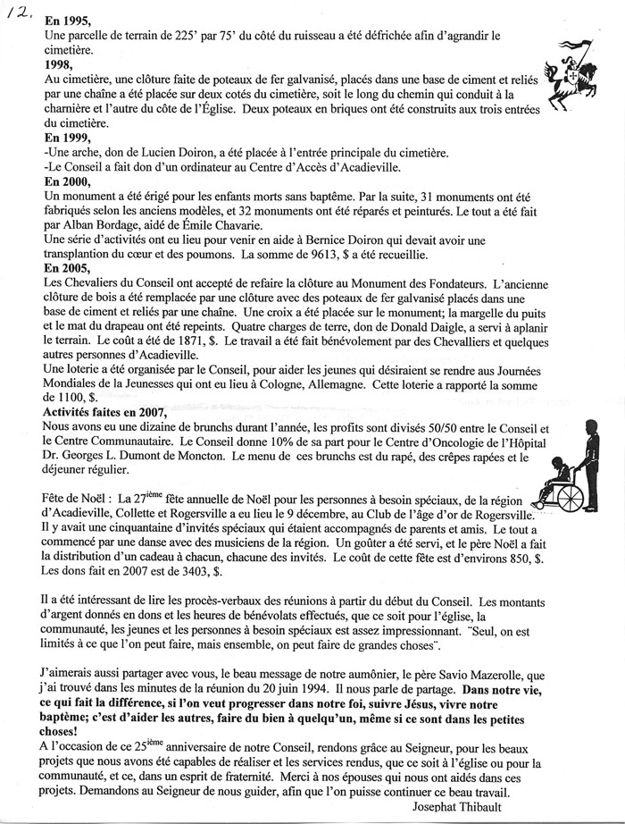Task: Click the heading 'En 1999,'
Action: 69,138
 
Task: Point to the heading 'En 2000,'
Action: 69,181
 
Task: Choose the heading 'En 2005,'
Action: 69,268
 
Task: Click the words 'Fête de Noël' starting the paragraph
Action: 76,499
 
